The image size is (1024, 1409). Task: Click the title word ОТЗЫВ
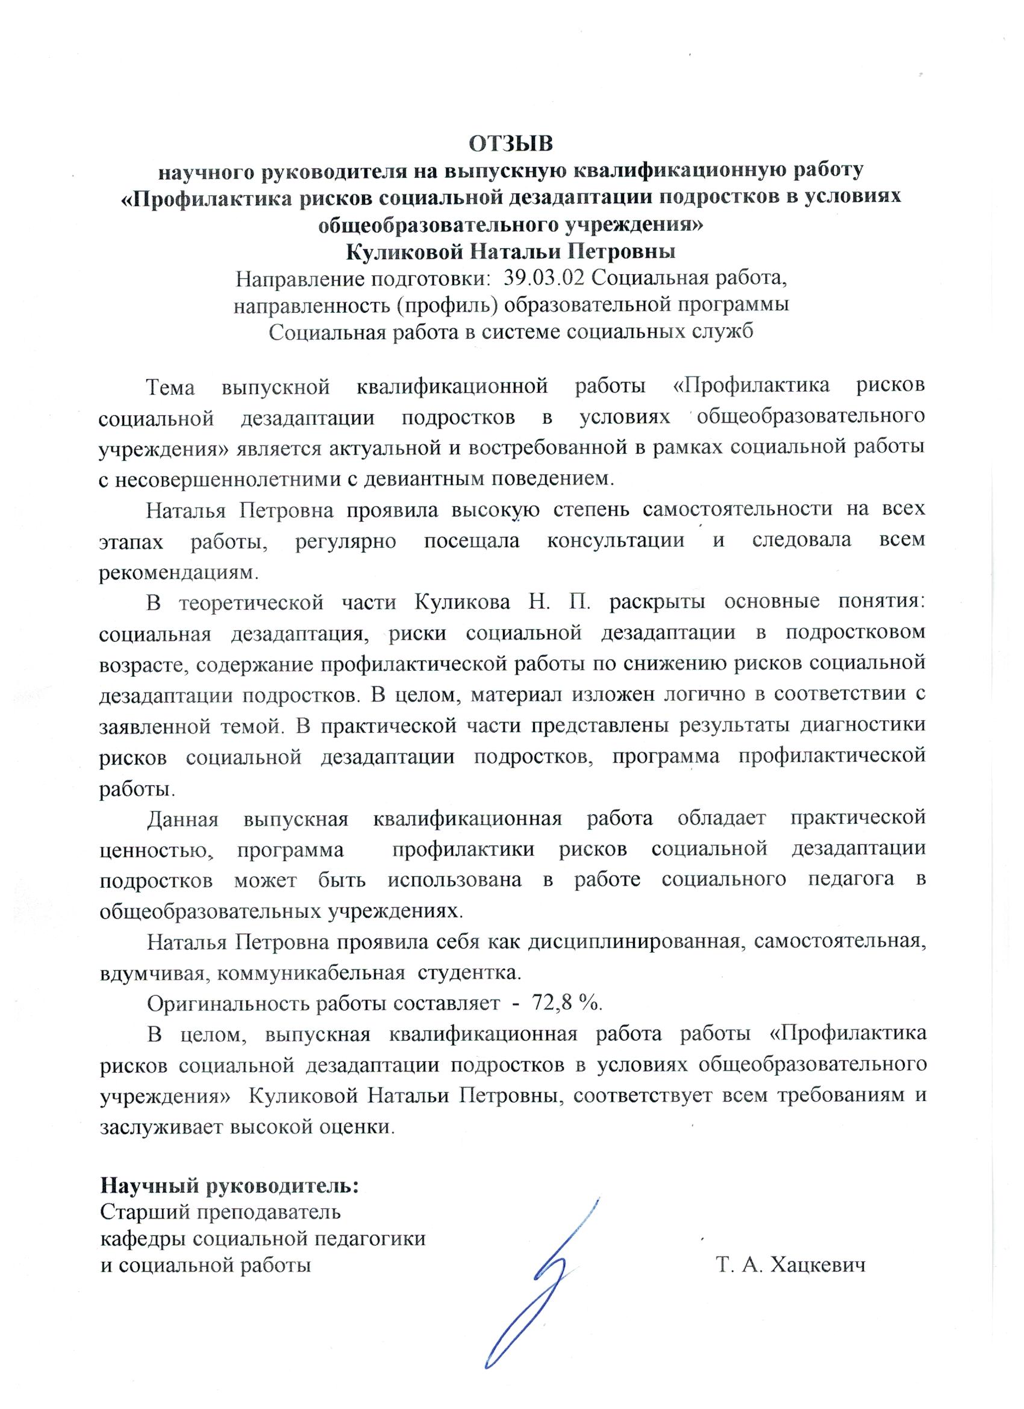pos(510,143)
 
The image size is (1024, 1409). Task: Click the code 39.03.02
pos(545,278)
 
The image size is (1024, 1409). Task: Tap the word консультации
pos(616,540)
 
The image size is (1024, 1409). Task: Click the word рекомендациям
pos(177,571)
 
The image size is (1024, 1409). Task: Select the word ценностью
pos(154,849)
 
